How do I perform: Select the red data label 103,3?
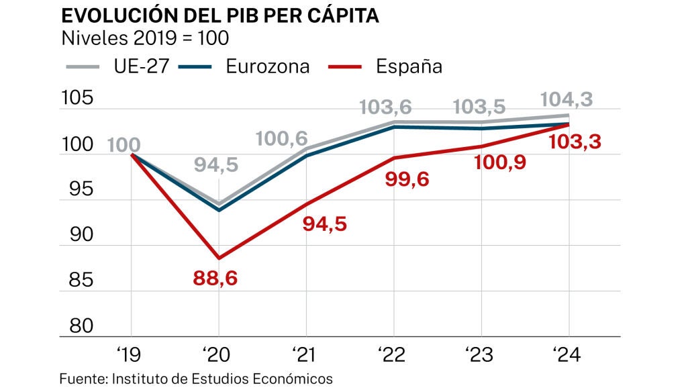pyautogui.click(x=575, y=142)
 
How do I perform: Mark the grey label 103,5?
pyautogui.click(x=479, y=107)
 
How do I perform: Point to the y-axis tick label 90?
pyautogui.click(x=77, y=236)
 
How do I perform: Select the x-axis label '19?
pyautogui.click(x=130, y=354)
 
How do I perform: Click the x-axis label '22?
pyautogui.click(x=393, y=354)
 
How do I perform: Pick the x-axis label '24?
pyautogui.click(x=569, y=354)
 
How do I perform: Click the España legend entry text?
pyautogui.click(x=409, y=66)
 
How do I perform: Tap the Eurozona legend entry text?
pyautogui.click(x=268, y=66)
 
